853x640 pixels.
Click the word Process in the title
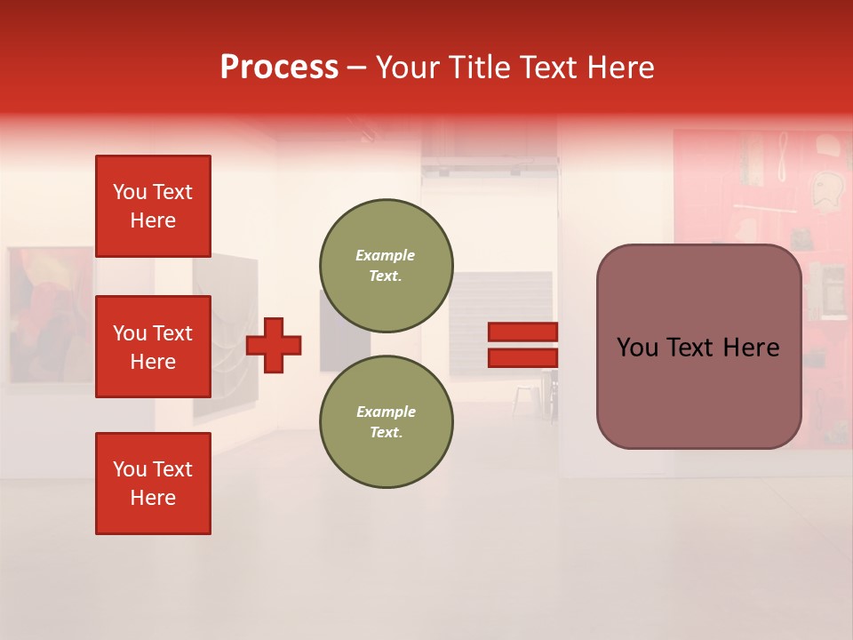pyautogui.click(x=279, y=68)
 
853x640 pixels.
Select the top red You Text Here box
pyautogui.click(x=153, y=206)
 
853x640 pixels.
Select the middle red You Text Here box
pyautogui.click(x=153, y=347)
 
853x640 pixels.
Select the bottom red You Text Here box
pyautogui.click(x=153, y=483)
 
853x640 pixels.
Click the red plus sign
pyautogui.click(x=274, y=345)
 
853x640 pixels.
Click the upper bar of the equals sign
pyautogui.click(x=523, y=332)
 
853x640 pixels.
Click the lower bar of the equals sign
pyautogui.click(x=523, y=358)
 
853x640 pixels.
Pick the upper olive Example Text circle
pyautogui.click(x=386, y=266)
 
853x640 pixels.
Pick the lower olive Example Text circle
pyautogui.click(x=386, y=422)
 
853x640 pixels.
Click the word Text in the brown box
pyautogui.click(x=699, y=348)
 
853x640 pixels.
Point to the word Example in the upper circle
pyautogui.click(x=385, y=255)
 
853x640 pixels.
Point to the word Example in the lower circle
pyautogui.click(x=385, y=412)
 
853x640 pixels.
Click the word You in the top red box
pyautogui.click(x=129, y=192)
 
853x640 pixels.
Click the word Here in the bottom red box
pyautogui.click(x=153, y=498)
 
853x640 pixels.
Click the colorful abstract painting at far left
pyautogui.click(x=49, y=316)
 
